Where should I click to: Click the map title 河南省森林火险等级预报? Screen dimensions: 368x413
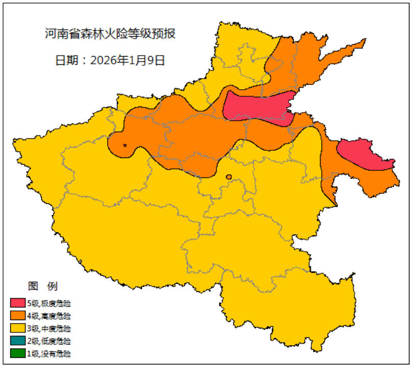[110, 34]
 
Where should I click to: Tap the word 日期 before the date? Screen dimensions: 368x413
[65, 60]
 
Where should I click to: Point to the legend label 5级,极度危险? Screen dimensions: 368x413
[49, 304]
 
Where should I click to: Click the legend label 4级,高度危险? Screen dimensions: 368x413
[49, 316]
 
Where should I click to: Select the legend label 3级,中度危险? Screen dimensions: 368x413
[49, 328]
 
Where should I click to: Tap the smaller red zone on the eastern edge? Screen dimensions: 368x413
[363, 154]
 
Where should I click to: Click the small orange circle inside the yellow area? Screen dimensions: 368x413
[229, 177]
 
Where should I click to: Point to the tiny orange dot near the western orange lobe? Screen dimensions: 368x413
[125, 145]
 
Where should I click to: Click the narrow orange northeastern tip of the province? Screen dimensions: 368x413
[352, 48]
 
